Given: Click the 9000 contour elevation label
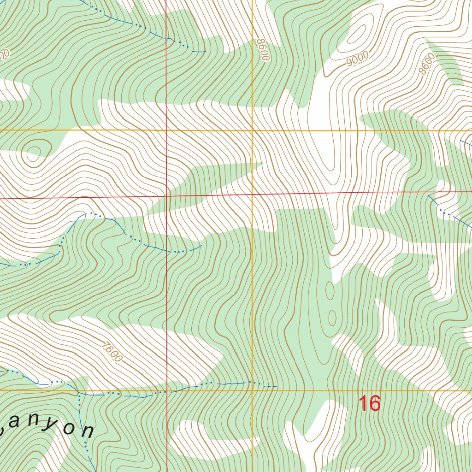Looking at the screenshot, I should [357, 59].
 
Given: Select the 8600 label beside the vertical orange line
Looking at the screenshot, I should [263, 50].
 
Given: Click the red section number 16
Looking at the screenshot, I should [369, 403].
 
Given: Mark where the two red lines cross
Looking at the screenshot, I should [166, 196].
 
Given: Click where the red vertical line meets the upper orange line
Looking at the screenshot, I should [166, 131].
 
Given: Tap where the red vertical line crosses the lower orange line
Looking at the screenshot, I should [166, 390].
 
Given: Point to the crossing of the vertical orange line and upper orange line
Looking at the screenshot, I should [253, 131].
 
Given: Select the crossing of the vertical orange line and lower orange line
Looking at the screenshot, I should [253, 390].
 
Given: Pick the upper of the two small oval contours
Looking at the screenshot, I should [330, 290].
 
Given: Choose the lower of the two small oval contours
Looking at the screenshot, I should [331, 318].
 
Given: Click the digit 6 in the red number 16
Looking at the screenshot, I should [374, 403].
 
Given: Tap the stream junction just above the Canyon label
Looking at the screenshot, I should [79, 395].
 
